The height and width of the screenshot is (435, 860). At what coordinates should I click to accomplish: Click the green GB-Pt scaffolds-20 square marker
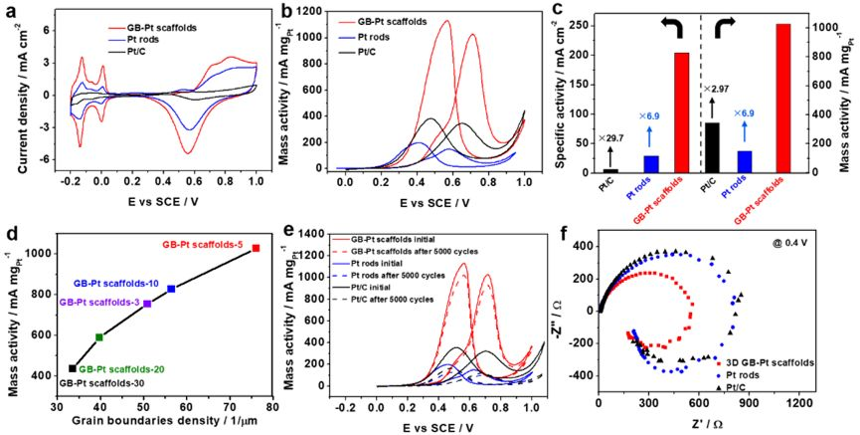click(x=99, y=337)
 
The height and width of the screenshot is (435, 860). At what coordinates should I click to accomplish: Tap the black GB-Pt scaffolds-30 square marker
click(x=73, y=368)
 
